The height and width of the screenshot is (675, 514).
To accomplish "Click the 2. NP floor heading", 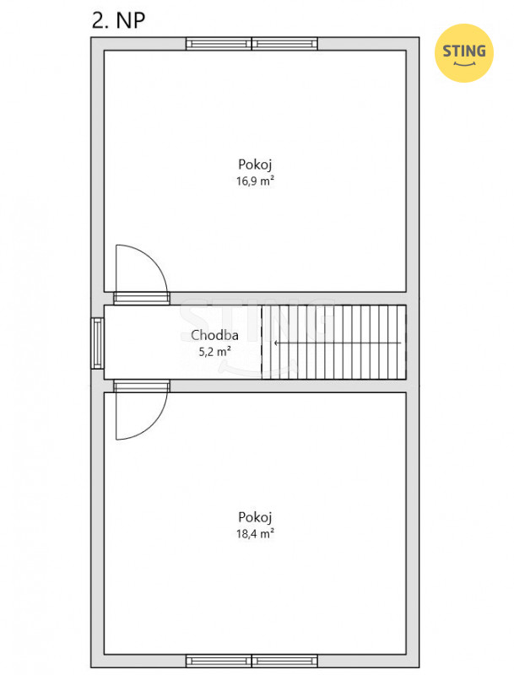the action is pos(118,20).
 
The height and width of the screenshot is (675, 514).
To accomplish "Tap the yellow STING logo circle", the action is pos(463,53).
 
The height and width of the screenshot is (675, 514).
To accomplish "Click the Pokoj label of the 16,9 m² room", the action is pos(255,165).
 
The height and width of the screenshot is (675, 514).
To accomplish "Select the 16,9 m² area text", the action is pos(255,181).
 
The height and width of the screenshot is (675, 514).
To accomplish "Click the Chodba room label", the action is pos(214,335).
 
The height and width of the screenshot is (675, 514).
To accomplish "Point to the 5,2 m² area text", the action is pos(214,352).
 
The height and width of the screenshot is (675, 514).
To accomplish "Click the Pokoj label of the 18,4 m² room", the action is pos(255,517).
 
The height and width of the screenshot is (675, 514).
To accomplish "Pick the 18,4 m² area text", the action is pos(255,534).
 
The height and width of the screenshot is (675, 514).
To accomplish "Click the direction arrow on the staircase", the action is pos(338,343).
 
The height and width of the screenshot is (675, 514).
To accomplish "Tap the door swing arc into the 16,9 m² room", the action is pos(154,258).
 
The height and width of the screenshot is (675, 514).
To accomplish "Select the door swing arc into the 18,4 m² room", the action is pos(154,426).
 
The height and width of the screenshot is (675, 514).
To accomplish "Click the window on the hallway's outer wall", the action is pos(97,343).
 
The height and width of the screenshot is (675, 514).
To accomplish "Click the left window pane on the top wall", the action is pos(219,44).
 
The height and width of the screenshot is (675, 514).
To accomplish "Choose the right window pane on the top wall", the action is pos(284,44).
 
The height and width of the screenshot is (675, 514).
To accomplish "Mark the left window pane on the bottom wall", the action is pos(219,661).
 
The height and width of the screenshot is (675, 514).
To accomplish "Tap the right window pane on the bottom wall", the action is pos(284,661).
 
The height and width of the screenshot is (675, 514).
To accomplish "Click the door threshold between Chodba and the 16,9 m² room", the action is pos(142,299).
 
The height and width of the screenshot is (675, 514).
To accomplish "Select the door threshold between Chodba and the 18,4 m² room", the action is pos(142,386).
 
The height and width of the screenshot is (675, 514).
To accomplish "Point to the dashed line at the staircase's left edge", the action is pos(262,343).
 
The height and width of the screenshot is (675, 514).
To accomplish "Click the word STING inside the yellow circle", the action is pos(464,51).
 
